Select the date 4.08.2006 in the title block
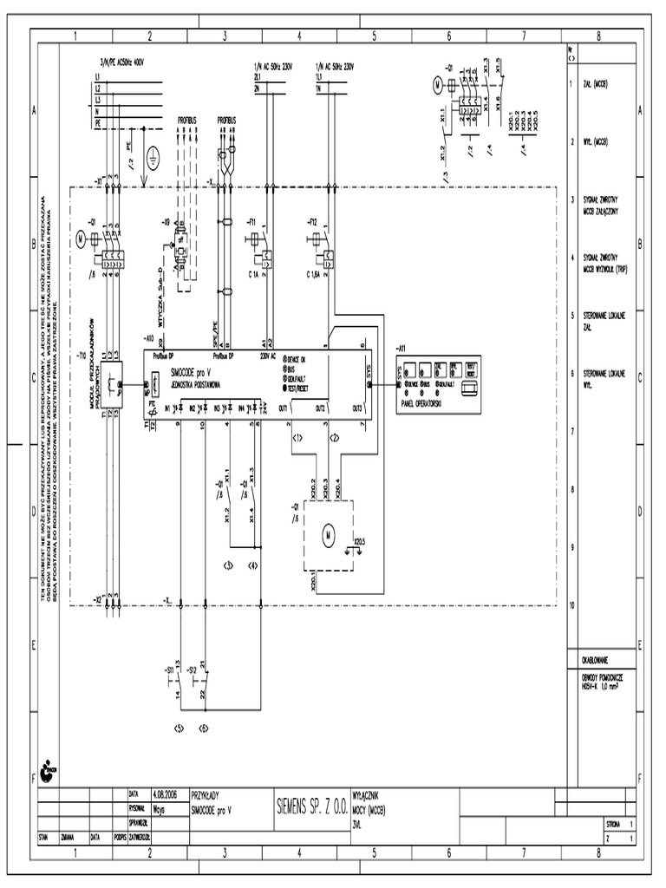click(165, 793)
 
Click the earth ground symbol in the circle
click(153, 157)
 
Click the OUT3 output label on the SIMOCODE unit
click(356, 408)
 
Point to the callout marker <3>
click(228, 565)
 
